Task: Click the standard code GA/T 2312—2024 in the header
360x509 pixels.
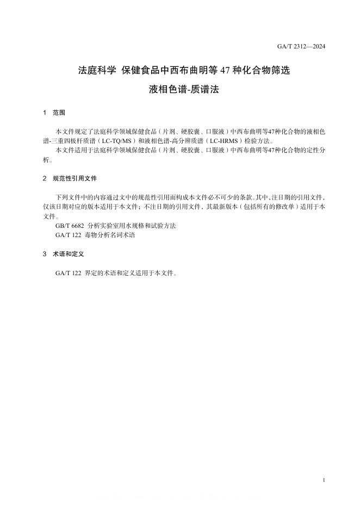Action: (301, 46)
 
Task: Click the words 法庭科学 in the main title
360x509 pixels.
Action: (97, 70)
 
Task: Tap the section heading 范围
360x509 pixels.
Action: (59, 113)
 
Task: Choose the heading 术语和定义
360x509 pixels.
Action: (68, 254)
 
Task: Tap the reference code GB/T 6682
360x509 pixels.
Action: (70, 226)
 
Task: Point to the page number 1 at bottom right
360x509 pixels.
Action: (324, 480)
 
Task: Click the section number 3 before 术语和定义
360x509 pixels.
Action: (44, 254)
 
